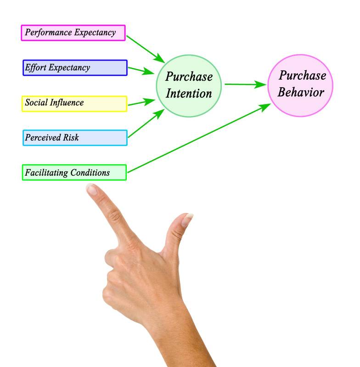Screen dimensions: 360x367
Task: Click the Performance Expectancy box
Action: [x=73, y=33]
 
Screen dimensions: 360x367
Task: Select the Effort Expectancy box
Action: [x=75, y=67]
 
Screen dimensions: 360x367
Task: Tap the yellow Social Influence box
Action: [x=74, y=104]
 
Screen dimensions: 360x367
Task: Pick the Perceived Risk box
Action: [x=75, y=138]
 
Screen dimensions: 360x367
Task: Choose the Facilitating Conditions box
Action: [x=74, y=172]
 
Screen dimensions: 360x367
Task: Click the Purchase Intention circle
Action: [x=189, y=86]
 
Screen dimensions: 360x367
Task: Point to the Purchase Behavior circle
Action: [x=300, y=85]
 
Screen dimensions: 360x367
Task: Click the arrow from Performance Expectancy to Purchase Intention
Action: [x=146, y=49]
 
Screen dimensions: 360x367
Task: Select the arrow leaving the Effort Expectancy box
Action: [x=141, y=71]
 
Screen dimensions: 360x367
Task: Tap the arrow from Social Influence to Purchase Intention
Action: [x=141, y=102]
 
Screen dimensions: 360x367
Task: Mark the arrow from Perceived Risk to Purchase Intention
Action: [x=146, y=123]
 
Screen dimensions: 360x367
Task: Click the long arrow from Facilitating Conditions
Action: [x=199, y=138]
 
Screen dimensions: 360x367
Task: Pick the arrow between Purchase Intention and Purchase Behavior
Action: [x=246, y=84]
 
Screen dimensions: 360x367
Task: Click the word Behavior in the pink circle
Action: [x=301, y=92]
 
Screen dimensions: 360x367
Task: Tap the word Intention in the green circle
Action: [x=189, y=93]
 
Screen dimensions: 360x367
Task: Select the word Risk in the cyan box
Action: [x=71, y=137]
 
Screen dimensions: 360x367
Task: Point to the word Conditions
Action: [x=90, y=172]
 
